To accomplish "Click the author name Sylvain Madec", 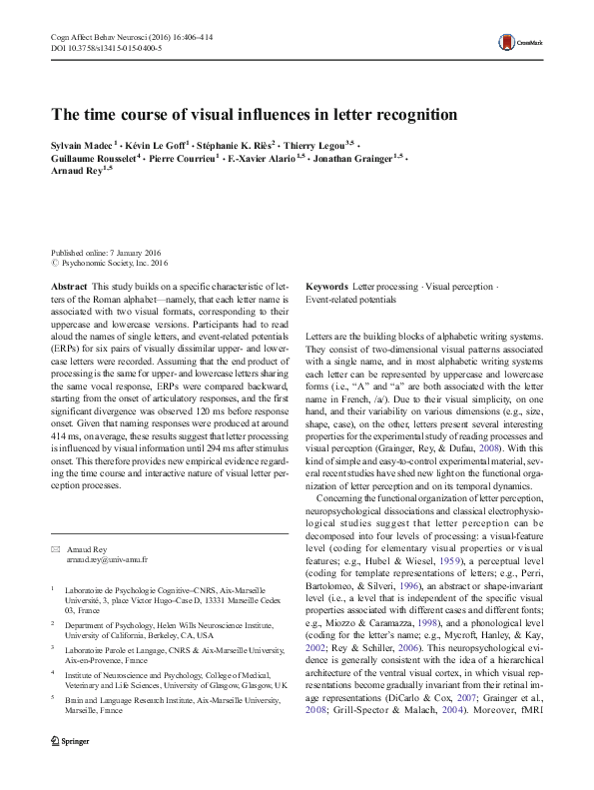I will [x=83, y=145].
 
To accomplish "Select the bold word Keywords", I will [x=327, y=287].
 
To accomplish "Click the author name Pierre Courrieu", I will [x=186, y=159].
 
